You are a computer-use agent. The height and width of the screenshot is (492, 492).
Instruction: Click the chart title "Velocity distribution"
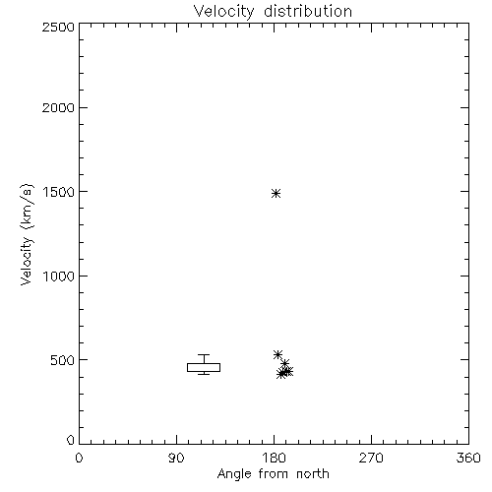pyautogui.click(x=273, y=11)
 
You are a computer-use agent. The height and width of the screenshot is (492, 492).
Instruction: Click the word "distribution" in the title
pyautogui.click(x=308, y=11)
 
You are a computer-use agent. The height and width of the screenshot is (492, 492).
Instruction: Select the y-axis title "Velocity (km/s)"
pyautogui.click(x=27, y=234)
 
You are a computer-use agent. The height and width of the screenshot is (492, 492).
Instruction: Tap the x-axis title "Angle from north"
pyautogui.click(x=273, y=473)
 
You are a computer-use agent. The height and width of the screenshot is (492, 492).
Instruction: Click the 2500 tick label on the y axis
pyautogui.click(x=58, y=27)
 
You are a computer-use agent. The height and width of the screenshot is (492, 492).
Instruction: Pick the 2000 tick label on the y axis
pyautogui.click(x=58, y=107)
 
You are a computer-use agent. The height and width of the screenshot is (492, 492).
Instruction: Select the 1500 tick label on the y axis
pyautogui.click(x=59, y=192)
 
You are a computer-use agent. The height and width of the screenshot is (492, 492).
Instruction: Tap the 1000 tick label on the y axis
pyautogui.click(x=59, y=276)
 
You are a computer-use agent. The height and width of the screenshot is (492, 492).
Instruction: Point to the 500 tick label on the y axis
pyautogui.click(x=63, y=360)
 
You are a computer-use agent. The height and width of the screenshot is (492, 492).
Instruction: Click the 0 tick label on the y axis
pyautogui.click(x=71, y=440)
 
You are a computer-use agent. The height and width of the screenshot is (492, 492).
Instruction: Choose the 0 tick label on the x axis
pyautogui.click(x=79, y=458)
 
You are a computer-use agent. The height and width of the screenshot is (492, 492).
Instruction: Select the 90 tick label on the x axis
pyautogui.click(x=176, y=458)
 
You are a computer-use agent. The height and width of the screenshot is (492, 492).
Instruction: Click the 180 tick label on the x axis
pyautogui.click(x=274, y=458)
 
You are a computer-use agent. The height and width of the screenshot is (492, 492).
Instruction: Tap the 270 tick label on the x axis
pyautogui.click(x=371, y=458)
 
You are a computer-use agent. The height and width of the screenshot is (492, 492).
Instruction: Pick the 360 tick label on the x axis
pyautogui.click(x=468, y=458)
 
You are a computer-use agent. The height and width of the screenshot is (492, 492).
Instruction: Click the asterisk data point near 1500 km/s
pyautogui.click(x=277, y=193)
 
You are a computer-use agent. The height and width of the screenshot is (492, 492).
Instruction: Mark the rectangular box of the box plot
pyautogui.click(x=204, y=363)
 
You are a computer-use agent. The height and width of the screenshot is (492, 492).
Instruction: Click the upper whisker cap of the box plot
pyautogui.click(x=204, y=354)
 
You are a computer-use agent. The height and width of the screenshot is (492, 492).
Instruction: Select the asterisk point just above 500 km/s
pyautogui.click(x=277, y=354)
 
